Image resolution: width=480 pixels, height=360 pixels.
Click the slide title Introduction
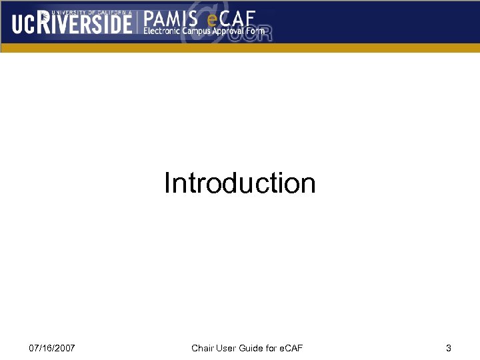point(240,183)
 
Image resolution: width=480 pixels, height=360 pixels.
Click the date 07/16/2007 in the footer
point(52,348)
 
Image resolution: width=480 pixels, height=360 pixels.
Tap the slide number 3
point(449,348)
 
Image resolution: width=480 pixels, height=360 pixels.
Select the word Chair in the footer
point(202,348)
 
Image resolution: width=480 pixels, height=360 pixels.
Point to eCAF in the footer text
point(291,348)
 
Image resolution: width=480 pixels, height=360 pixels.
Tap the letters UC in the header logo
point(23,24)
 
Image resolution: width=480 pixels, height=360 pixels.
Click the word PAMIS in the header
point(170,17)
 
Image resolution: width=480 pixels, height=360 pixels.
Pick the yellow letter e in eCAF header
point(213,19)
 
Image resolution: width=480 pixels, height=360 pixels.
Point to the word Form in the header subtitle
point(258,31)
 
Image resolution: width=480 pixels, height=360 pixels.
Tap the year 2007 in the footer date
point(65,348)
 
